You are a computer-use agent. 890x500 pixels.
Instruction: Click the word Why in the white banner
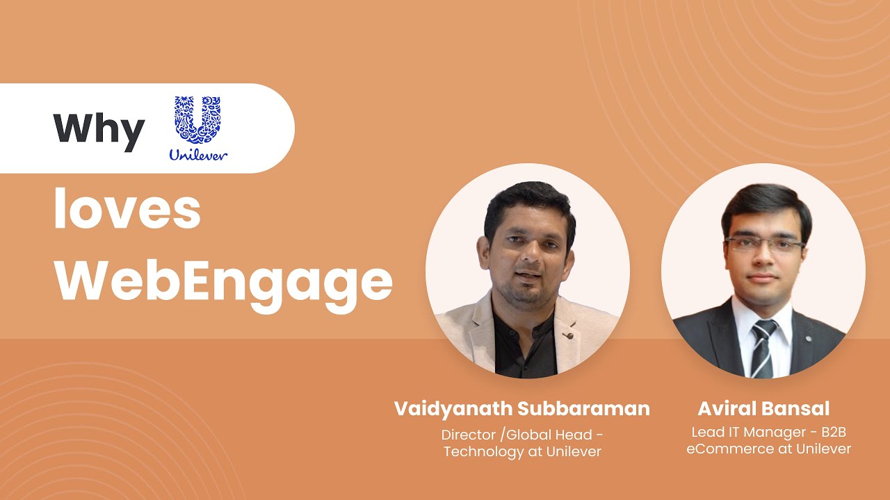[x=99, y=130]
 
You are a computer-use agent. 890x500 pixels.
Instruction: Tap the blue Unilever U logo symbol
[x=197, y=119]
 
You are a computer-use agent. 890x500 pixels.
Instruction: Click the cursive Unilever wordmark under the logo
[x=198, y=155]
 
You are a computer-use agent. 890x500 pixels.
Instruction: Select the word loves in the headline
[x=127, y=209]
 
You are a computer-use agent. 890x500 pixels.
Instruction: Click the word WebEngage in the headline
[x=223, y=282]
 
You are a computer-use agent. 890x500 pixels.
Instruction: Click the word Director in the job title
[x=469, y=435]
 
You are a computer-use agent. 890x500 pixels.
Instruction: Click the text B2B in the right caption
[x=834, y=432]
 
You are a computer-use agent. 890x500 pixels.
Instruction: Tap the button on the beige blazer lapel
[x=570, y=335]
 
